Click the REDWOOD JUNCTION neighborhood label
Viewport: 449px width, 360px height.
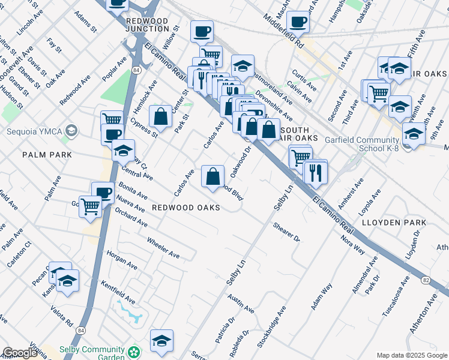point(148,25)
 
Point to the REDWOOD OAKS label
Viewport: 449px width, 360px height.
point(185,208)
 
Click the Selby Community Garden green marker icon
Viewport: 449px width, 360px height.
point(137,350)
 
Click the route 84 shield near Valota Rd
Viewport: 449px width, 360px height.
point(80,330)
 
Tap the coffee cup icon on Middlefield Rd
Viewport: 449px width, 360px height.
point(298,23)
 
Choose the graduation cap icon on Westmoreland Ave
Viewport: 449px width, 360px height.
point(243,66)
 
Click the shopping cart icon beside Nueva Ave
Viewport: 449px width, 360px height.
point(91,206)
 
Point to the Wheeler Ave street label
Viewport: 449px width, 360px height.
point(163,247)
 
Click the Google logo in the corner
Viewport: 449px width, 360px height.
point(20,353)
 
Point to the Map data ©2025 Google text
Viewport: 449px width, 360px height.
point(411,355)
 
